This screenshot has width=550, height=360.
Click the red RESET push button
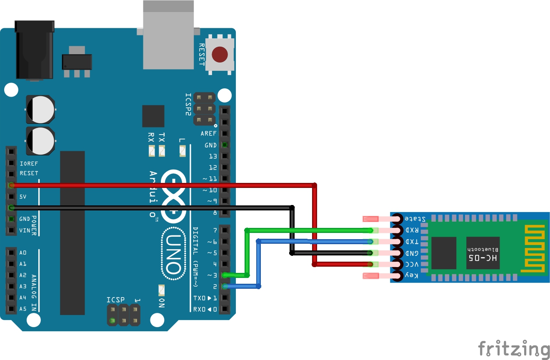220,54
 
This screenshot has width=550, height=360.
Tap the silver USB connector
168,35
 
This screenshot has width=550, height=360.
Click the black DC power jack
35,50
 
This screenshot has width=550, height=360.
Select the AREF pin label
209,134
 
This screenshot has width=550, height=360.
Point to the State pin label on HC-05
415,219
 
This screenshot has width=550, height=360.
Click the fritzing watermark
514,349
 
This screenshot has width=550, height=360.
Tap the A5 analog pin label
23,309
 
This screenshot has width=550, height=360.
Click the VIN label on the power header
25,230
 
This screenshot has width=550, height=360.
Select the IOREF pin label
29,163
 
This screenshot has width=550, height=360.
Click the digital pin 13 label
213,156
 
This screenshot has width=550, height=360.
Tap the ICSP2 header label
189,104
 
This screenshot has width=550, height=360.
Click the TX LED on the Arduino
162,151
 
